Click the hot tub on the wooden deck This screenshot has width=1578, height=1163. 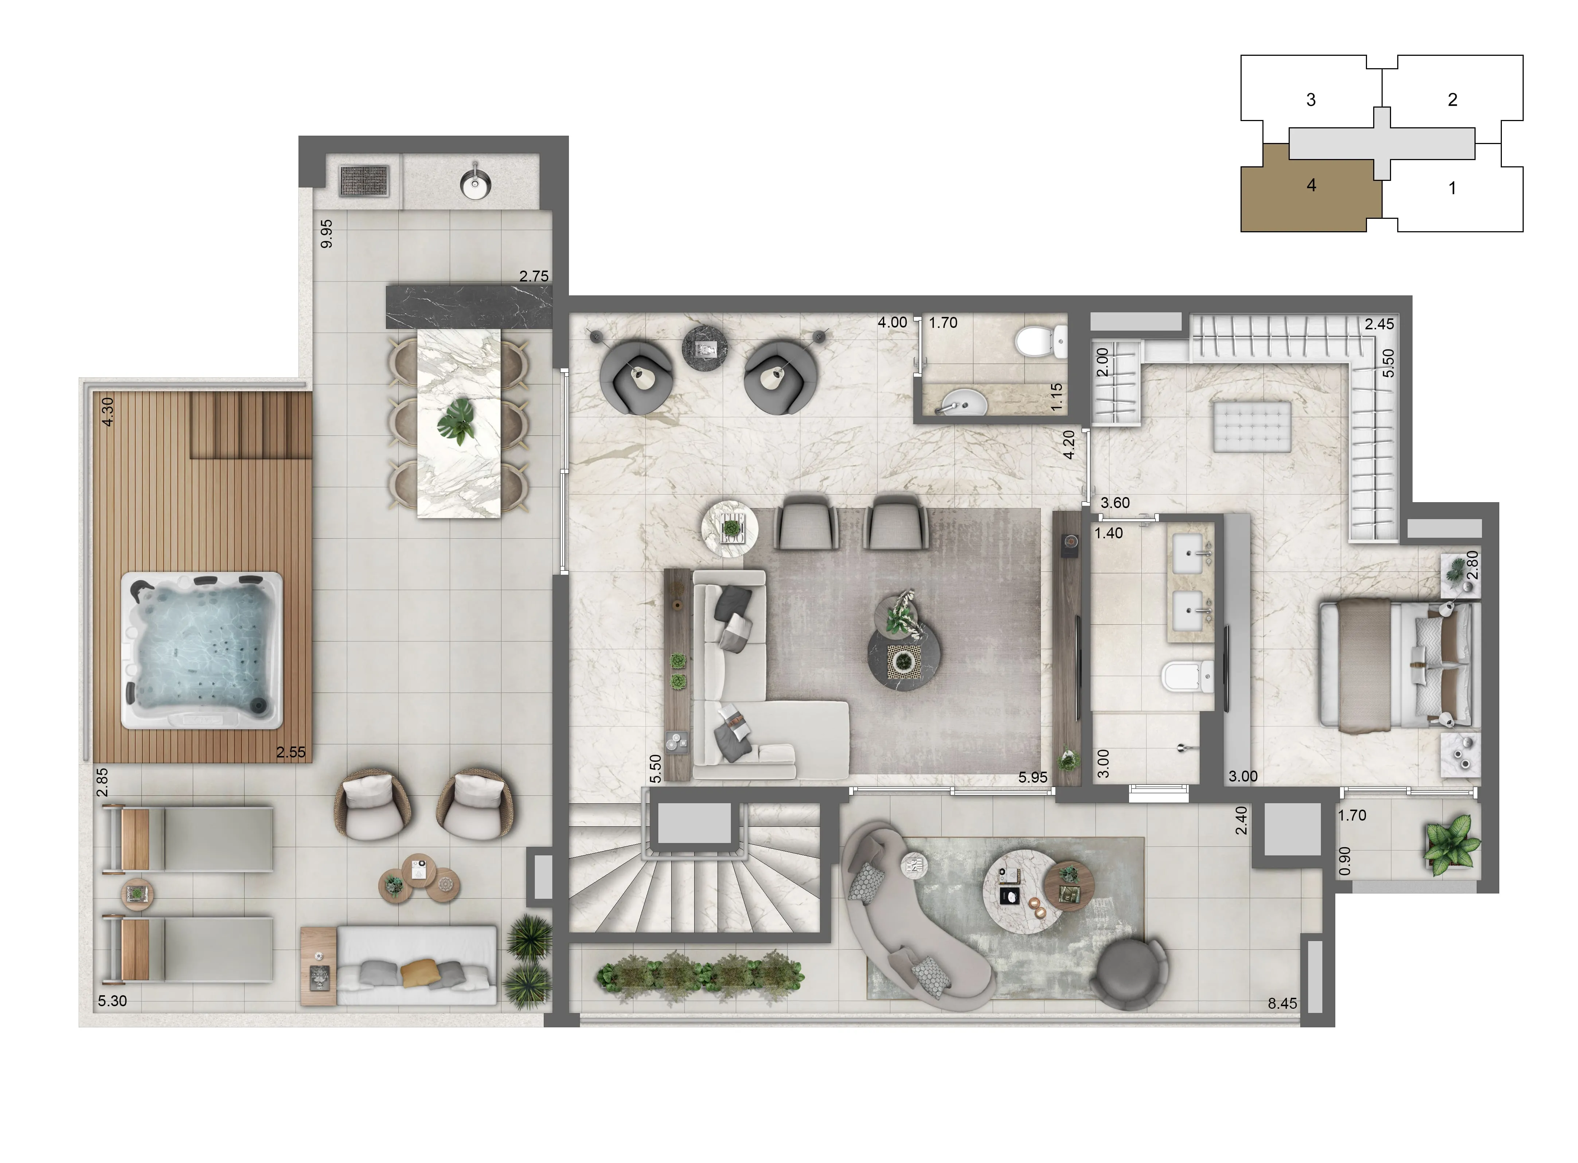tap(202, 650)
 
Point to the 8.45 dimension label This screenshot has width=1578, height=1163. tap(1282, 1003)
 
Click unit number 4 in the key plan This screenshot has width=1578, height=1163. tap(1311, 185)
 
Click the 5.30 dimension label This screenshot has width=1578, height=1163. tap(113, 1000)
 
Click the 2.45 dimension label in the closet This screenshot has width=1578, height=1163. tap(1379, 324)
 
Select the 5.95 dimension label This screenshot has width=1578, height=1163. tap(1033, 777)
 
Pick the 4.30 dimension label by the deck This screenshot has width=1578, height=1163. tap(108, 412)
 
